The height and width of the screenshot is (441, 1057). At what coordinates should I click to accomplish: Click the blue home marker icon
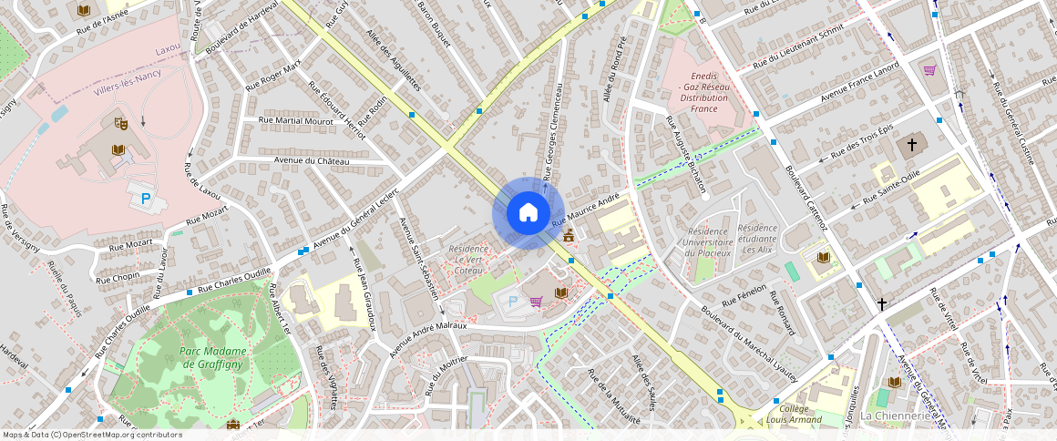[528, 213]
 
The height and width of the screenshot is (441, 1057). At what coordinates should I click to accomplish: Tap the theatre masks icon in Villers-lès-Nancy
[119, 122]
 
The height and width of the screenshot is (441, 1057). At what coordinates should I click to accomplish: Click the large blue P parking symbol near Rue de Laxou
[143, 198]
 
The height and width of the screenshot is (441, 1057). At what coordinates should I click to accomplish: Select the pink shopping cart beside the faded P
[537, 301]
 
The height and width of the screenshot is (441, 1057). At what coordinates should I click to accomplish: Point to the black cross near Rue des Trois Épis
[910, 145]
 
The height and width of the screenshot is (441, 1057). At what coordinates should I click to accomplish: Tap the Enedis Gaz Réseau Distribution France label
[703, 91]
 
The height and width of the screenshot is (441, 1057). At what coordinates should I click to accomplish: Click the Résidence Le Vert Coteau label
[469, 259]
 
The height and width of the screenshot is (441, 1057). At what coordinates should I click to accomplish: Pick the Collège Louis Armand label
[795, 414]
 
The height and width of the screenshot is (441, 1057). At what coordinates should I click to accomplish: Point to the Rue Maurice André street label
[586, 210]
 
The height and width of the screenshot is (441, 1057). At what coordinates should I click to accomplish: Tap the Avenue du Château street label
[312, 161]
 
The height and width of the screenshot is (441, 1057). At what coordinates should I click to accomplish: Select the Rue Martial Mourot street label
[296, 120]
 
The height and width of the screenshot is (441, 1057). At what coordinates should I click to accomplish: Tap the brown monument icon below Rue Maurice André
[570, 237]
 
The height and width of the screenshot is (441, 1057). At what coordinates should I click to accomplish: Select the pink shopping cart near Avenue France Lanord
[929, 70]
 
